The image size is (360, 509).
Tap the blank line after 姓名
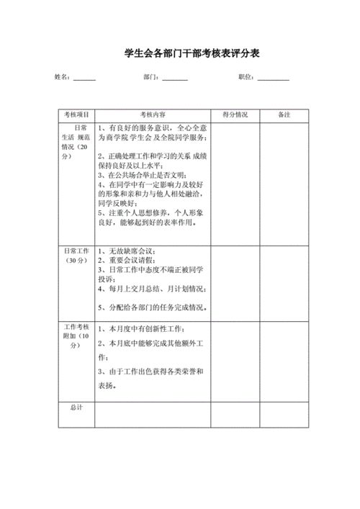pyautogui.click(x=84, y=78)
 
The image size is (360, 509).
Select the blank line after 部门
pyautogui.click(x=176, y=78)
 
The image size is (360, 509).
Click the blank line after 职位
pyautogui.click(x=274, y=78)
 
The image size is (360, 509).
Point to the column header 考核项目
pyautogui.click(x=76, y=115)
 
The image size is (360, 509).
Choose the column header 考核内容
pyautogui.click(x=153, y=115)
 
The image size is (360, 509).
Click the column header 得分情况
pyautogui.click(x=235, y=115)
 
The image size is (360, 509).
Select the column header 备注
pyautogui.click(x=284, y=115)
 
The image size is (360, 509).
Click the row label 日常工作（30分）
pyautogui.click(x=76, y=255)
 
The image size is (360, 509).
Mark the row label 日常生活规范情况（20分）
pyautogui.click(x=76, y=141)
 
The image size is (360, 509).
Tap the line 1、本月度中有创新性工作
pyautogui.click(x=142, y=329)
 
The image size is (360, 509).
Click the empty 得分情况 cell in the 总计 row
pyautogui.click(x=235, y=415)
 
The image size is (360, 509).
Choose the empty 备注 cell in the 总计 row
pyautogui.click(x=284, y=415)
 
